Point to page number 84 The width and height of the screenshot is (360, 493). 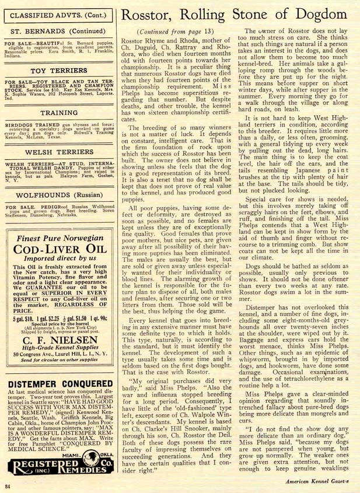(7, 485)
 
